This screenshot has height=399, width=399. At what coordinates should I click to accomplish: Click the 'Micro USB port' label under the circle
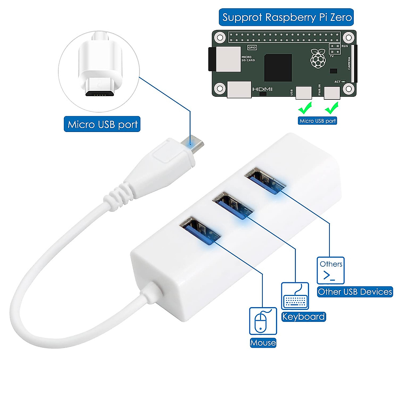coord(102,124)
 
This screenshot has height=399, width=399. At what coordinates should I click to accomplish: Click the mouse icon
coord(263,321)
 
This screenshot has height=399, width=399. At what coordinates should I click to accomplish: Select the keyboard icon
coord(295,296)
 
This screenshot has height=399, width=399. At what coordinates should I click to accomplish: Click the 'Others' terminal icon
coord(331,270)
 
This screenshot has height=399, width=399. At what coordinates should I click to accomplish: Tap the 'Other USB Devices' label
coord(355,292)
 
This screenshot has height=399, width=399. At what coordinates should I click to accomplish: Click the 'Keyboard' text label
coord(303,316)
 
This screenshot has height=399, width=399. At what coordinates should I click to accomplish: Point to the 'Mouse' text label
coord(263,342)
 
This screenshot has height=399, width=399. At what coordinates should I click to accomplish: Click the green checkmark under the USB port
coord(305,108)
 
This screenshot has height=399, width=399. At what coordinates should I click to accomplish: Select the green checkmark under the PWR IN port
coord(332,108)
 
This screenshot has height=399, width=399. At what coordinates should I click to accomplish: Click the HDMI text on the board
coord(262,89)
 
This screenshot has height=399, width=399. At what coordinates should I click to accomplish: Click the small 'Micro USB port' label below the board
coord(318,121)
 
